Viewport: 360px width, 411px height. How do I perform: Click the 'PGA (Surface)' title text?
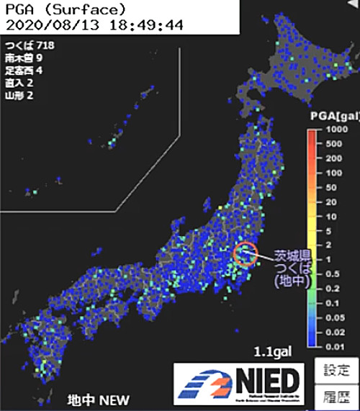coord(65,10)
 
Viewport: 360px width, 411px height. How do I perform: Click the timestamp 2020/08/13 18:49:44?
coord(94,25)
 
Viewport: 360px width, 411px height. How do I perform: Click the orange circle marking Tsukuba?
coord(246,254)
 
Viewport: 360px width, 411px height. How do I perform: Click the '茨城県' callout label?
coord(291,255)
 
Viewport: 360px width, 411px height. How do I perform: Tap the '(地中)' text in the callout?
coord(291,282)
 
